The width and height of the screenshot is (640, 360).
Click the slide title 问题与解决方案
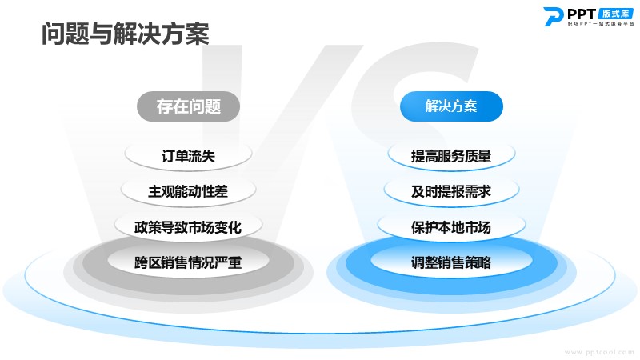pos(126,34)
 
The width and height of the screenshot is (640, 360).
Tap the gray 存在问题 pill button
pos(188,106)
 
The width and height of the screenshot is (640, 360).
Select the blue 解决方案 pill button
pos(451,106)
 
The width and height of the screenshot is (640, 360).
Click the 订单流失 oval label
pos(188,155)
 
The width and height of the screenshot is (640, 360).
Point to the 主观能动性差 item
pos(188,191)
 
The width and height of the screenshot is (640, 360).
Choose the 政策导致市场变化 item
pos(188,227)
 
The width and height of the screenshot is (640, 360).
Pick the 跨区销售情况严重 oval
pos(188,262)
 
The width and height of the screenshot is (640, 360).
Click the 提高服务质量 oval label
pos(451,155)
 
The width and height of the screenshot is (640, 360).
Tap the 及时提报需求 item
pos(451,191)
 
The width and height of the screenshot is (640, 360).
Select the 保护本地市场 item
pos(451,227)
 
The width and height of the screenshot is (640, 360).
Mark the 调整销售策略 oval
pos(451,262)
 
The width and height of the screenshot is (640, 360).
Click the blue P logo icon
pos(553,16)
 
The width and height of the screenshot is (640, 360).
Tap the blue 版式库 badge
pos(615,14)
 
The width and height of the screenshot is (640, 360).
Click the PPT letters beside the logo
pos(582,14)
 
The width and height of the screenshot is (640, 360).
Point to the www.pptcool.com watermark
pos(599,352)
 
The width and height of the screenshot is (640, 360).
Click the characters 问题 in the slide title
pos(66,34)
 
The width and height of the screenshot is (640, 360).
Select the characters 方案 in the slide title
pos(186,34)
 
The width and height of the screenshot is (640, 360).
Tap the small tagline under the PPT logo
pos(601,24)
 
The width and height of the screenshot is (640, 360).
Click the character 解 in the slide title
pos(126,34)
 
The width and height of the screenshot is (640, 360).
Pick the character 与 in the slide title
pos(102,34)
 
